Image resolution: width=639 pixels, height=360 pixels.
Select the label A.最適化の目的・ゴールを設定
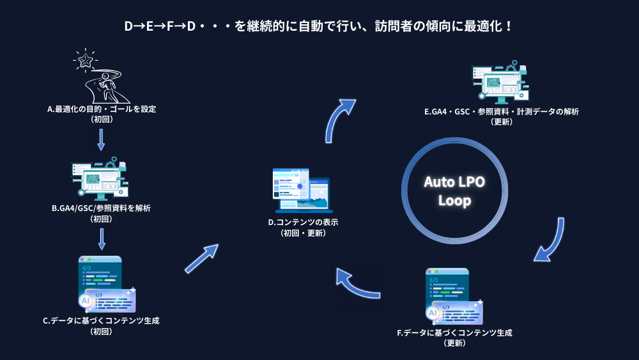(x=102, y=109)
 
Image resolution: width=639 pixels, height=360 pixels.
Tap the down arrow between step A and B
(x=101, y=139)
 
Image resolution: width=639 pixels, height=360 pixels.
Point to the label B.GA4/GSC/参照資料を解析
(x=101, y=208)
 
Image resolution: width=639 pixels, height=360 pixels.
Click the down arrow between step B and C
(x=101, y=239)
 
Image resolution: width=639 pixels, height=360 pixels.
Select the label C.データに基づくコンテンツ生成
(x=101, y=321)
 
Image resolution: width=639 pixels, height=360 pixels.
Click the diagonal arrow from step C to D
(x=201, y=259)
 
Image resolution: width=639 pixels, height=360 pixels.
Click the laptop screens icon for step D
(x=301, y=191)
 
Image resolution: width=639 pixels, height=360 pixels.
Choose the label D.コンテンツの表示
(x=303, y=223)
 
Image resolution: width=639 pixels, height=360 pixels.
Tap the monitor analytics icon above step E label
(x=502, y=83)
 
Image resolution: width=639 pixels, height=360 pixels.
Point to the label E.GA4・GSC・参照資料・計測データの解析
(x=502, y=111)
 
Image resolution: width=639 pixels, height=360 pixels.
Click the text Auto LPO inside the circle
(x=454, y=182)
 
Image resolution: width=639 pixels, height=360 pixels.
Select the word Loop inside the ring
(x=454, y=201)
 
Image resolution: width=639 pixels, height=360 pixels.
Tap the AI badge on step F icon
(x=433, y=313)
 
